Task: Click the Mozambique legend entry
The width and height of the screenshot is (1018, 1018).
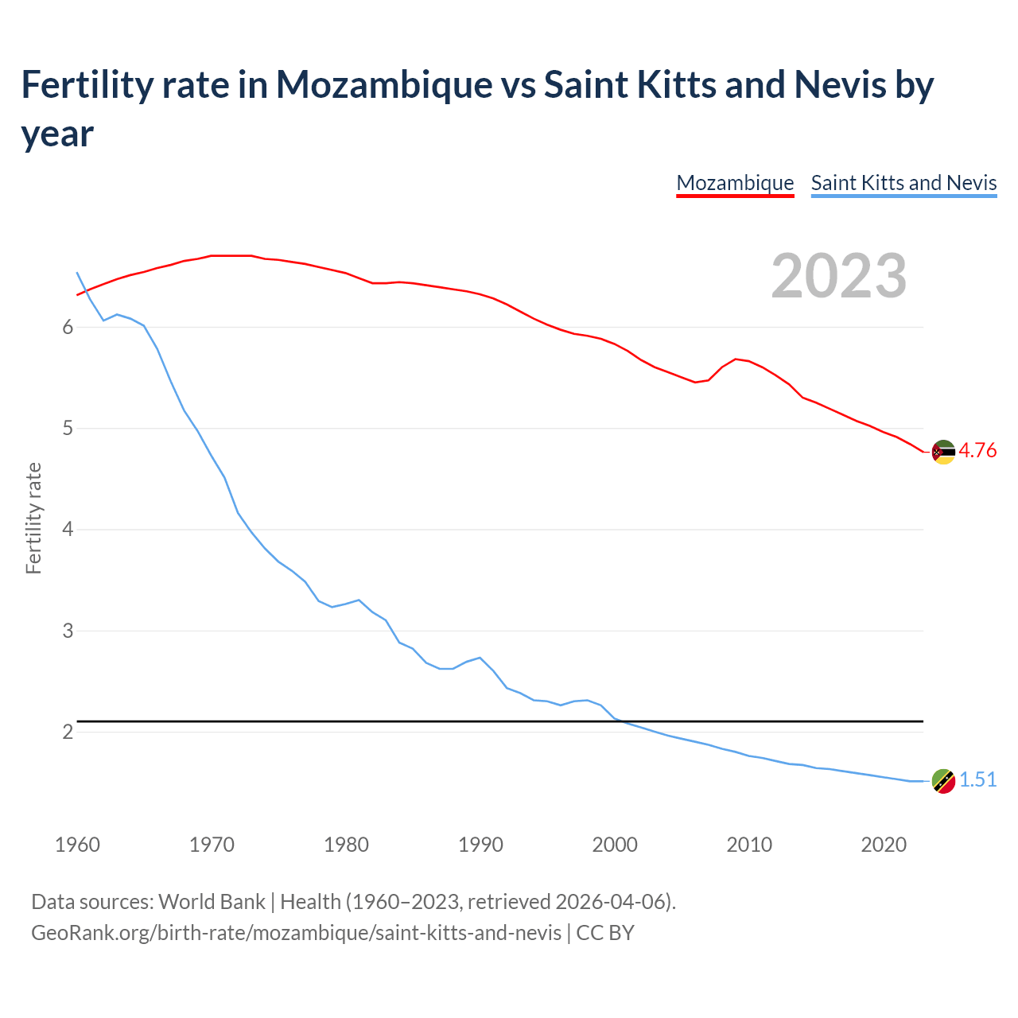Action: click(x=735, y=183)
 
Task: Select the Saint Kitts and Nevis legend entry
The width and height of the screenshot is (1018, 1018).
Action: click(x=903, y=183)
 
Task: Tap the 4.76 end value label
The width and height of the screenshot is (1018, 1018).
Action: click(x=977, y=450)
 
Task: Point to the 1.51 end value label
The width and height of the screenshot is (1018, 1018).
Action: click(x=977, y=779)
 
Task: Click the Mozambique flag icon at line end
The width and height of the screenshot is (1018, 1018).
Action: click(x=943, y=452)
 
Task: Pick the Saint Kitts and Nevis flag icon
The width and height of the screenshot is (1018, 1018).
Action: click(x=943, y=781)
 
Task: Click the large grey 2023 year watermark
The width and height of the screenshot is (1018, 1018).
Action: click(x=839, y=276)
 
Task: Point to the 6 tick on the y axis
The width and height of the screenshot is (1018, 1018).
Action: click(x=68, y=327)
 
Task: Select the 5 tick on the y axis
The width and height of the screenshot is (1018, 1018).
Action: click(x=68, y=429)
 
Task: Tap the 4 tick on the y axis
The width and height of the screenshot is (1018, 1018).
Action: click(x=68, y=530)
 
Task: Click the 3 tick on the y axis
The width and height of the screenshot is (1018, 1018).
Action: click(x=68, y=631)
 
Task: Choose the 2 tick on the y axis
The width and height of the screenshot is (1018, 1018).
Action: click(x=68, y=732)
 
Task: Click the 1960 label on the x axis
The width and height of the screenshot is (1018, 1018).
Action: click(x=77, y=844)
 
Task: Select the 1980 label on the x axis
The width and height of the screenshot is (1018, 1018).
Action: click(x=346, y=844)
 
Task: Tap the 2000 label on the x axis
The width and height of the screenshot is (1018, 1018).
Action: click(x=615, y=844)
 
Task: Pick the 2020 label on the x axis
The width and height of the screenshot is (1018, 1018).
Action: click(x=884, y=844)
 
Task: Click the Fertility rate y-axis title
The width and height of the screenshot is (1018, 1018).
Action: click(x=33, y=518)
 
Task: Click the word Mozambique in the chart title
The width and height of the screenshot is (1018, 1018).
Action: click(x=384, y=84)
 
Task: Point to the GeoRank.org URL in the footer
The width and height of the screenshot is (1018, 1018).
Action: click(x=296, y=932)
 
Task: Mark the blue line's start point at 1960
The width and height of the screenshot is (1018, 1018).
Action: click(x=77, y=273)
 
